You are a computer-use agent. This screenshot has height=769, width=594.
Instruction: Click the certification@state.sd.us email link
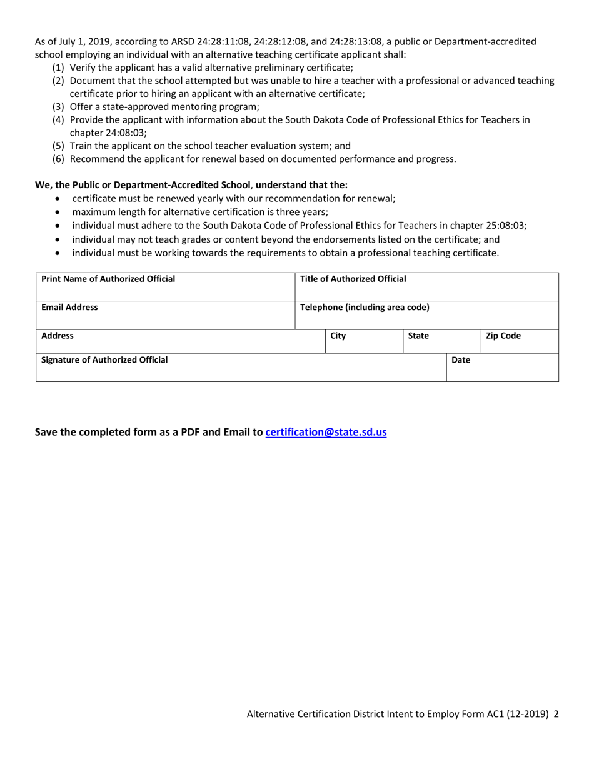tap(326, 432)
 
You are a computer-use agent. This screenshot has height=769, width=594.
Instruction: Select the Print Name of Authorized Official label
tap(108, 279)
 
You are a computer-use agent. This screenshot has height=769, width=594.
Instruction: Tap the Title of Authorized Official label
tap(353, 279)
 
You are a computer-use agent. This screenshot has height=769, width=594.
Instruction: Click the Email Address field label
tap(69, 308)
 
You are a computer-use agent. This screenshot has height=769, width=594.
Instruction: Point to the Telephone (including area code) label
tap(365, 308)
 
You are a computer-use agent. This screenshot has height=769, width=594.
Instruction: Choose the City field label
tap(338, 336)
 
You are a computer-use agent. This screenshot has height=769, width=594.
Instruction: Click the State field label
tap(418, 336)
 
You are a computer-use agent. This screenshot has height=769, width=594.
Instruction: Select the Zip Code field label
tap(503, 336)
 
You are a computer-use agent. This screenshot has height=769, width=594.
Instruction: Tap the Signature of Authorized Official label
tap(104, 359)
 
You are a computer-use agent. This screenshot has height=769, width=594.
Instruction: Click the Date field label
tap(461, 359)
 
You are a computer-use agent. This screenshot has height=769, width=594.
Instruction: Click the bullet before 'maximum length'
tap(58, 212)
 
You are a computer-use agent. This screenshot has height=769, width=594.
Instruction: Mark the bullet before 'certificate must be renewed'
tap(58, 199)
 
